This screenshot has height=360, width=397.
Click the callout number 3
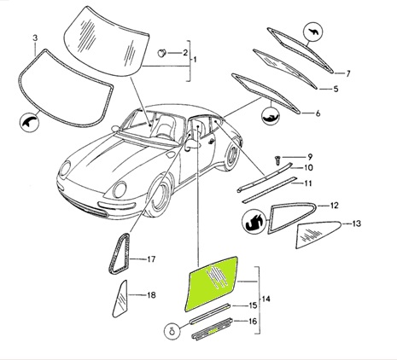pyautogui.click(x=35, y=38)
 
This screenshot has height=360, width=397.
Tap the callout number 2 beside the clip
pyautogui.click(x=185, y=53)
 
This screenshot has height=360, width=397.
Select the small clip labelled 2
pyautogui.click(x=162, y=53)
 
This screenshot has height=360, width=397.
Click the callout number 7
pyautogui.click(x=347, y=73)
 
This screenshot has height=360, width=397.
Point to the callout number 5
pyautogui.click(x=336, y=89)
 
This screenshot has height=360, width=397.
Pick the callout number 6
pyautogui.click(x=318, y=113)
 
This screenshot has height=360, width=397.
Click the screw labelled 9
pyautogui.click(x=277, y=160)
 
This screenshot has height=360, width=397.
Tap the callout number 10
pyautogui.click(x=308, y=167)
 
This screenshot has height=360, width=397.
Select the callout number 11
pyautogui.click(x=308, y=183)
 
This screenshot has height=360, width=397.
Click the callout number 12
pyautogui.click(x=334, y=206)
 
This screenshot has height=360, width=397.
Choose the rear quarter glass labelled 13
pyautogui.click(x=318, y=234)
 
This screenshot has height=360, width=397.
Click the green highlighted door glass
pyautogui.click(x=211, y=284)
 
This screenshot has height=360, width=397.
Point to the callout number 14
pyautogui.click(x=266, y=299)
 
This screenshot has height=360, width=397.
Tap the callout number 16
pyautogui.click(x=253, y=322)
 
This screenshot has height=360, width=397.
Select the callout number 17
pyautogui.click(x=151, y=259)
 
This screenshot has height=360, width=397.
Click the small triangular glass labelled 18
pyautogui.click(x=120, y=300)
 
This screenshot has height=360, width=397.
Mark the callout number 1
pyautogui.click(x=195, y=60)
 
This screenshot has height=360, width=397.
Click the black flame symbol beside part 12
pyautogui.click(x=254, y=222)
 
